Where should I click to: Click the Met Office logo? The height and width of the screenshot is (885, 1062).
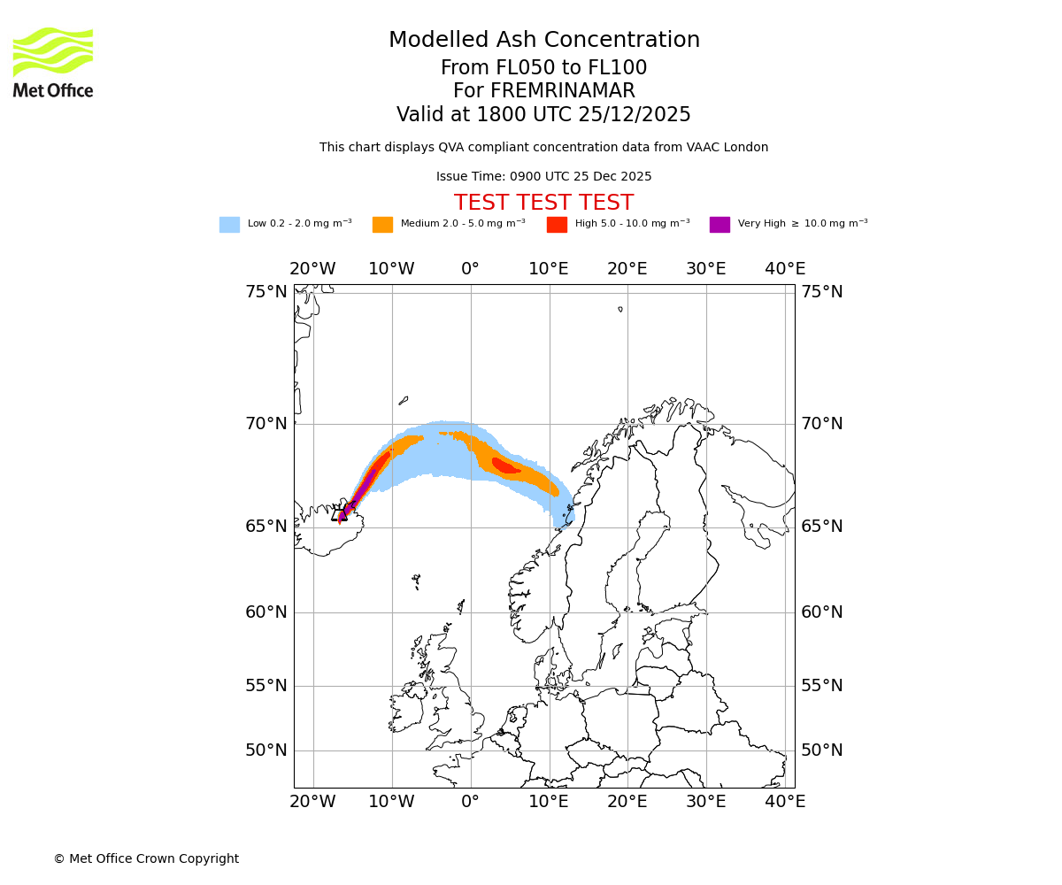pyautogui.click(x=53, y=62)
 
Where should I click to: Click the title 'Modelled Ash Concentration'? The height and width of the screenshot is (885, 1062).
pyautogui.click(x=543, y=41)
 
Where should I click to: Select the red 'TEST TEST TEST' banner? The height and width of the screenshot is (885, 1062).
pyautogui.click(x=543, y=204)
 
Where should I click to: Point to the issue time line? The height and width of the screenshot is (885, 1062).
pyautogui.click(x=543, y=177)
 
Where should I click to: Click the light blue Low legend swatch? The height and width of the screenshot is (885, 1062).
pyautogui.click(x=229, y=225)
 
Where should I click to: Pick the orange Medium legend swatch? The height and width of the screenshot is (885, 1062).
pyautogui.click(x=382, y=225)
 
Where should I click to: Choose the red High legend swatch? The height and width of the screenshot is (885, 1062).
pyautogui.click(x=557, y=225)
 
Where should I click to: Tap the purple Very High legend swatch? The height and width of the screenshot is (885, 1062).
pyautogui.click(x=720, y=225)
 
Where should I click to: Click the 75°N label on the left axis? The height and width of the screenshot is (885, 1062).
pyautogui.click(x=266, y=292)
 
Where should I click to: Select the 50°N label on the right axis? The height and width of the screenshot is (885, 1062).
pyautogui.click(x=822, y=750)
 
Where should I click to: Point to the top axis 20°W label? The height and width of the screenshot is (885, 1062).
pyautogui.click(x=312, y=269)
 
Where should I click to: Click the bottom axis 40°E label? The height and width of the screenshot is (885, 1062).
pyautogui.click(x=785, y=802)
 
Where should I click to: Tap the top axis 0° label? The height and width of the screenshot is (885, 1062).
pyautogui.click(x=470, y=269)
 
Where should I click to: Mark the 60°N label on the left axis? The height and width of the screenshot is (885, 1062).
pyautogui.click(x=266, y=612)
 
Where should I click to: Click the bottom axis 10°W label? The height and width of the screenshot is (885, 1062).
pyautogui.click(x=391, y=802)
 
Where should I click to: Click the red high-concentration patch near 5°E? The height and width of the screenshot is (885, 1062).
pyautogui.click(x=505, y=466)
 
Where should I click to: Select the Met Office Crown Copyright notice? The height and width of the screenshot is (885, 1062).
pyautogui.click(x=146, y=859)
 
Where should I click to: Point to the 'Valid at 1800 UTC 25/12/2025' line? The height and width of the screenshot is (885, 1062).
pyautogui.click(x=543, y=115)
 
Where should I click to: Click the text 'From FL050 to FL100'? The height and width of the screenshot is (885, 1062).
pyautogui.click(x=543, y=68)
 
